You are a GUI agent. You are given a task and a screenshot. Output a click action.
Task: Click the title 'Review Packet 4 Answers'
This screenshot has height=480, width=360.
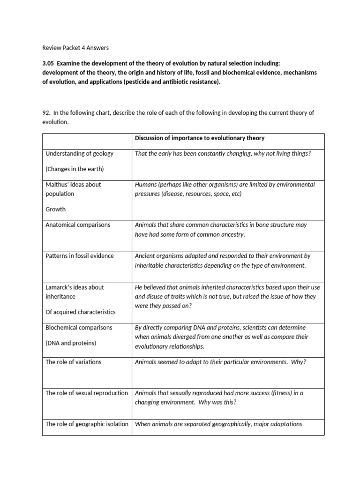[x=75, y=47]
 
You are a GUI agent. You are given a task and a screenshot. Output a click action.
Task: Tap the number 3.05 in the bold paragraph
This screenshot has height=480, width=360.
[x=48, y=63]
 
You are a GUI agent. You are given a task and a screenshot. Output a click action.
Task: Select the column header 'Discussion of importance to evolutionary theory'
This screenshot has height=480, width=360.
[x=200, y=138]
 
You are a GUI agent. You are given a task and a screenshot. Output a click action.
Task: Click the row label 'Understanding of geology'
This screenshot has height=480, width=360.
[x=79, y=153]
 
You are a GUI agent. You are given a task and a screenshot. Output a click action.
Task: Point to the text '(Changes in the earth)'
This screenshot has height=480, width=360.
[x=75, y=169]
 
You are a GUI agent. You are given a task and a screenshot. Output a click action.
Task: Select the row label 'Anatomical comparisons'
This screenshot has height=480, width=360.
[x=78, y=225]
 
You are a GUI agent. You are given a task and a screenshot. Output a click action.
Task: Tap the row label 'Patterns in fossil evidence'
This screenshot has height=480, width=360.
[x=79, y=256]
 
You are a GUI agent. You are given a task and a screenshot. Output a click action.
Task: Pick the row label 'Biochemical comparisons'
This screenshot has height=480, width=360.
[x=79, y=327]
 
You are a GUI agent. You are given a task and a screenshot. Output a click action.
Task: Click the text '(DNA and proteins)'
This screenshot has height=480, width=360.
[x=71, y=343]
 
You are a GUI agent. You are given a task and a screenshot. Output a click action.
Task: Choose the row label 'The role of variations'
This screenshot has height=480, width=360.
[x=73, y=362]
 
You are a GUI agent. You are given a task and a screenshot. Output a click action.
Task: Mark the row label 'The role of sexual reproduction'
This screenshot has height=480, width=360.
[x=87, y=393]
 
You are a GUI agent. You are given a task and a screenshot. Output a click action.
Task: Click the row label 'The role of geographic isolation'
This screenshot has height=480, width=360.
[x=87, y=424]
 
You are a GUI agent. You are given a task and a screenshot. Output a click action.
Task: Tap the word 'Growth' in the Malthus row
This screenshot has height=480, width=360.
[x=55, y=209]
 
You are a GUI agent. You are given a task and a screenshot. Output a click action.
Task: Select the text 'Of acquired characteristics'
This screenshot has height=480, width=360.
[x=80, y=312]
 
